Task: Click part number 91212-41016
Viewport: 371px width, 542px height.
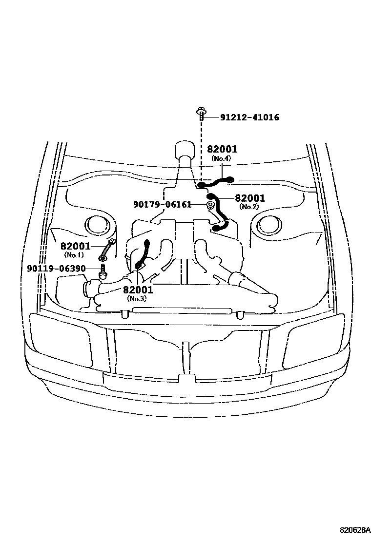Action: [249, 117]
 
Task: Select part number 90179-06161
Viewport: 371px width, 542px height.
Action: [162, 205]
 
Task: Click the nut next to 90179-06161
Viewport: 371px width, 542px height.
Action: [210, 205]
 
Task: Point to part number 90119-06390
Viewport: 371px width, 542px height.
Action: [57, 269]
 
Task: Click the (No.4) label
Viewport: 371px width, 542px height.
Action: [221, 158]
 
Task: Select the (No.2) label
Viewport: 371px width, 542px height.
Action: [249, 207]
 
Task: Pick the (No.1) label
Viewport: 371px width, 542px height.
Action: [74, 255]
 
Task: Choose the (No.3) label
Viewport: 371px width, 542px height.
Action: [137, 298]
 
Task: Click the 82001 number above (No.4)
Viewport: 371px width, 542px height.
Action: [222, 149]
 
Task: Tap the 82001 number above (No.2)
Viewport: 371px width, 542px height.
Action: [250, 198]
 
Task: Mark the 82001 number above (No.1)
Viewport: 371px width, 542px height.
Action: [76, 246]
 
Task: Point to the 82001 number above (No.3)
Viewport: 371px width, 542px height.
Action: [138, 290]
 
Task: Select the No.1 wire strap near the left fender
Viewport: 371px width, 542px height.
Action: [106, 250]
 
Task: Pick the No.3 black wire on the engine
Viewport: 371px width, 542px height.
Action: [144, 254]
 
